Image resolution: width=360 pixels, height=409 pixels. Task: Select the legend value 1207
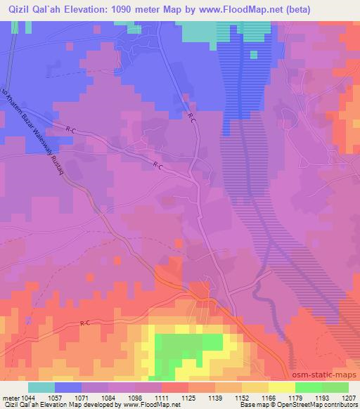click(x=347, y=397)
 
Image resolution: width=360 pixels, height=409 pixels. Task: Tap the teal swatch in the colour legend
click(x=42, y=387)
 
